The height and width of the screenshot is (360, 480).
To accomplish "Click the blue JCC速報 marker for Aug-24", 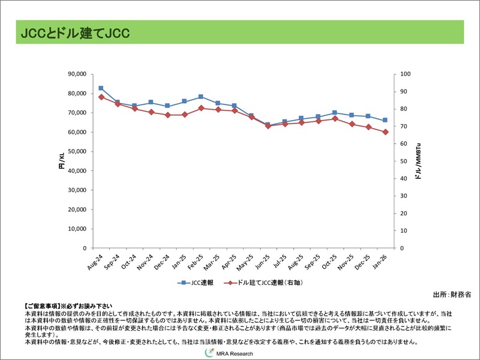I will tap(101, 88).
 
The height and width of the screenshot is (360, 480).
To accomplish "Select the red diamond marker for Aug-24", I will tap(101, 97).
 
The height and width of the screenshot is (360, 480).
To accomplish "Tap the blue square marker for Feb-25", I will tap(201, 97).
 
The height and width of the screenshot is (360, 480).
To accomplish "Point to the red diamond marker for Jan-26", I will tap(385, 132).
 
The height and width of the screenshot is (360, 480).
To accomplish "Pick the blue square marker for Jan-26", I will tap(385, 121).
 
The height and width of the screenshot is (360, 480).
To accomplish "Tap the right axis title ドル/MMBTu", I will tap(418, 161).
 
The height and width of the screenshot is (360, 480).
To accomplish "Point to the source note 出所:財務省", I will tap(452, 295).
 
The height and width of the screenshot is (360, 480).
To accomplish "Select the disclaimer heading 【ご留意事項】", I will tap(43, 306).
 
